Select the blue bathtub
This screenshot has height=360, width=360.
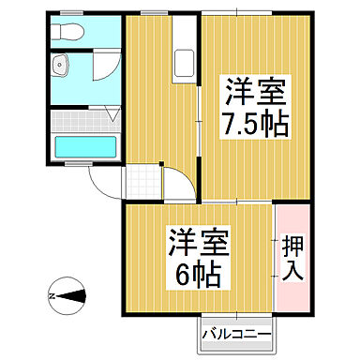(84, 148)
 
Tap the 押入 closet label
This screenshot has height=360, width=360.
(291, 258)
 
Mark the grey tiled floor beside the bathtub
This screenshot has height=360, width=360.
(84, 120)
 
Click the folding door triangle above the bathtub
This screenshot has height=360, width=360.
(113, 114)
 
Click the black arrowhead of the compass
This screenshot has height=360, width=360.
(76, 296)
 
